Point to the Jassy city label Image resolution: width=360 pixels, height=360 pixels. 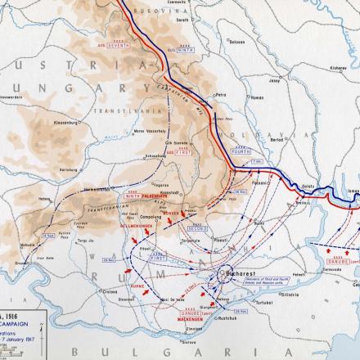(x=288, y=82)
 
